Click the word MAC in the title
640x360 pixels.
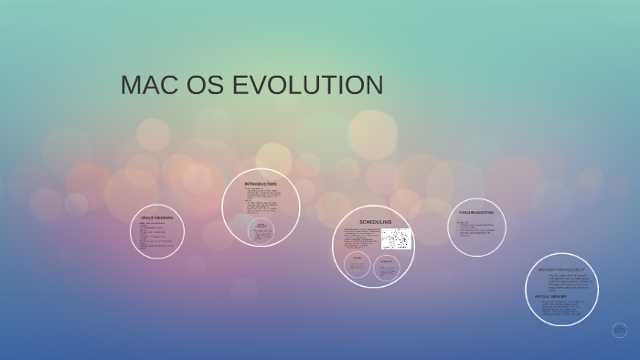[x=149, y=86]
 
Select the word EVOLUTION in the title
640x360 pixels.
[x=308, y=86]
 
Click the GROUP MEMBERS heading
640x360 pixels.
[x=157, y=218]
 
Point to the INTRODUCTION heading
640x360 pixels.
[x=261, y=185]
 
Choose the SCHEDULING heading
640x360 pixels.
[x=375, y=222]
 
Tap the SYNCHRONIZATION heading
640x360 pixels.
[x=476, y=213]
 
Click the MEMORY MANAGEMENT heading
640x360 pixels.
[x=561, y=270]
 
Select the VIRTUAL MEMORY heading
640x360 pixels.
[x=551, y=296]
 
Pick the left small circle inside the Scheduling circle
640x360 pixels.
[x=357, y=266]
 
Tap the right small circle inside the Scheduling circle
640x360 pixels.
[x=387, y=266]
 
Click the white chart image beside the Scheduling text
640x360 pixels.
[x=396, y=238]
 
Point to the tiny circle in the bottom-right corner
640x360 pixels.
[x=619, y=330]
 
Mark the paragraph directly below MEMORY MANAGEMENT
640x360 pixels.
[x=565, y=283]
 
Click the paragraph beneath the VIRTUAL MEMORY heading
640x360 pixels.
[x=560, y=309]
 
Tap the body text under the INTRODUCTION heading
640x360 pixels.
[x=262, y=200]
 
